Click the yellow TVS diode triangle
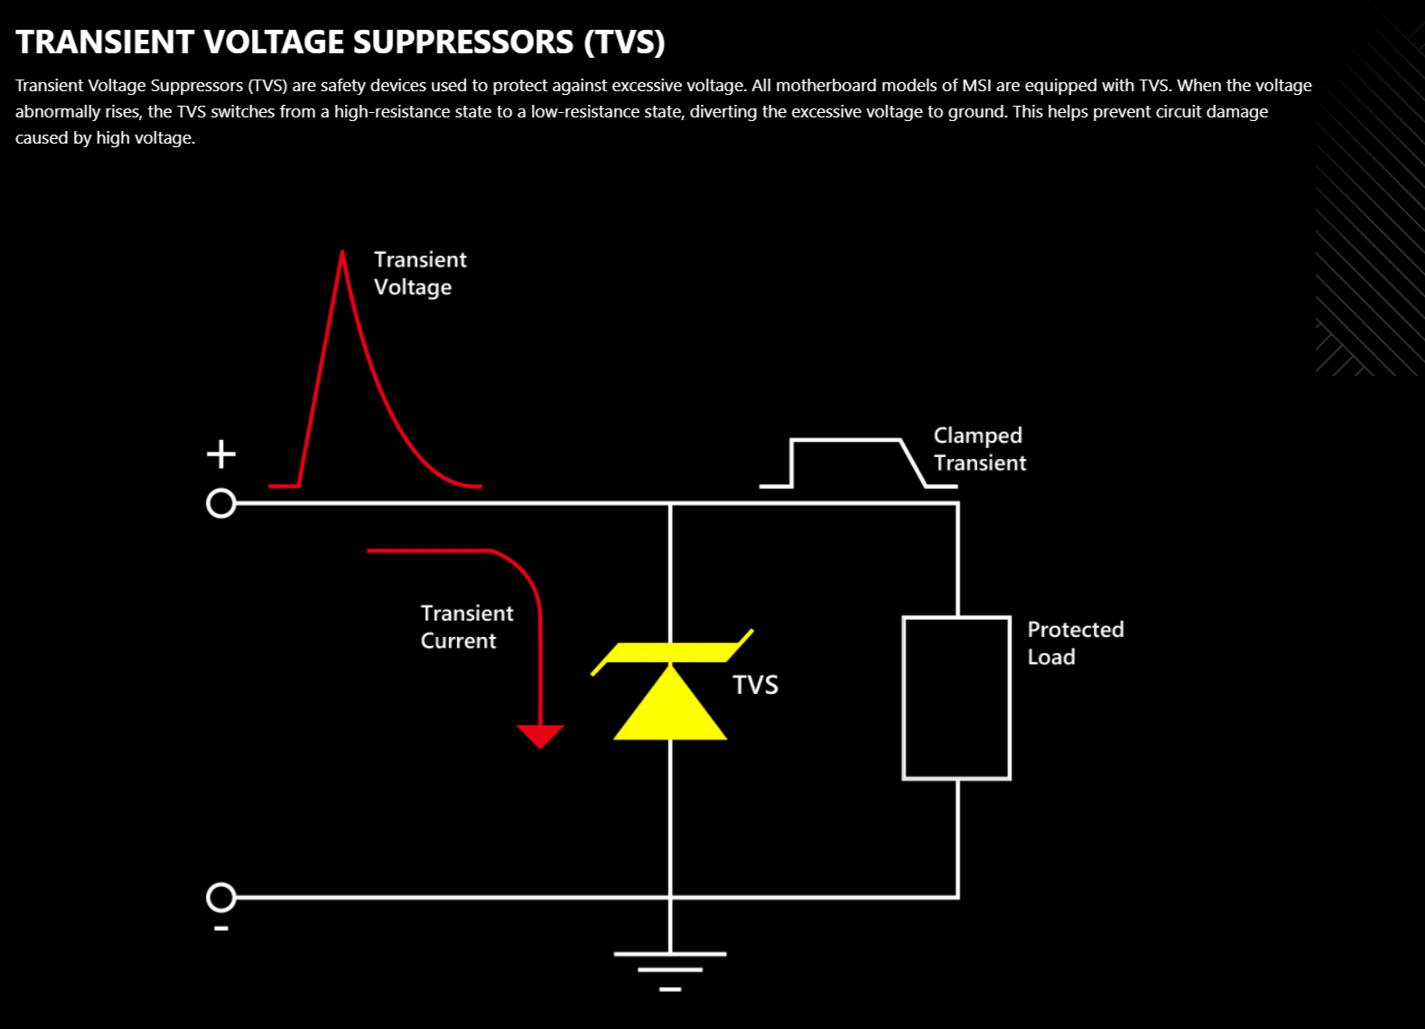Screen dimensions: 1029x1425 coord(670,709)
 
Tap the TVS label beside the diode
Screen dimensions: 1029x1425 coord(755,685)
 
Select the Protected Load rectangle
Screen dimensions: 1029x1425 coord(956,697)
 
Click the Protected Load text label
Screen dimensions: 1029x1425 coord(1075,643)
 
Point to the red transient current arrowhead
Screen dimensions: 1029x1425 coord(540,735)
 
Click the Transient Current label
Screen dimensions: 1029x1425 coord(466,627)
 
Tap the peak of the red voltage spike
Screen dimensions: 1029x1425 coord(342,255)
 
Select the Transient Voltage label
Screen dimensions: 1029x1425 coord(420,273)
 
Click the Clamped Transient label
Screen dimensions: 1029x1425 coord(979,449)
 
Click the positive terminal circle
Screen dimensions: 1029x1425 coord(221,503)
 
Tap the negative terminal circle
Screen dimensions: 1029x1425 coord(221,897)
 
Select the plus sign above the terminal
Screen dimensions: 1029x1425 coord(221,454)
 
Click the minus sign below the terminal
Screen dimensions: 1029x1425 coord(221,928)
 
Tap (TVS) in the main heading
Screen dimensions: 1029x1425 coord(624,42)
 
